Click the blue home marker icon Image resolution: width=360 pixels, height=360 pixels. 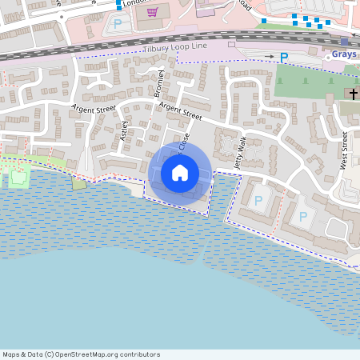tap(180, 172)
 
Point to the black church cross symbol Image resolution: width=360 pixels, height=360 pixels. tap(353, 94)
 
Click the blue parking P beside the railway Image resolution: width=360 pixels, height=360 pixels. tap(283, 58)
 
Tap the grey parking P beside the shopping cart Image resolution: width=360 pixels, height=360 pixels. tap(118, 24)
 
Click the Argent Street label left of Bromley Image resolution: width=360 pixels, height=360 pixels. tap(93, 108)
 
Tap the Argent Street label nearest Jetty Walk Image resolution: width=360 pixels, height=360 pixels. tap(180, 110)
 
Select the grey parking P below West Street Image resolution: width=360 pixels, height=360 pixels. tap(303, 217)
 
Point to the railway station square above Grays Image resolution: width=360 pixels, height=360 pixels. tap(344, 42)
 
